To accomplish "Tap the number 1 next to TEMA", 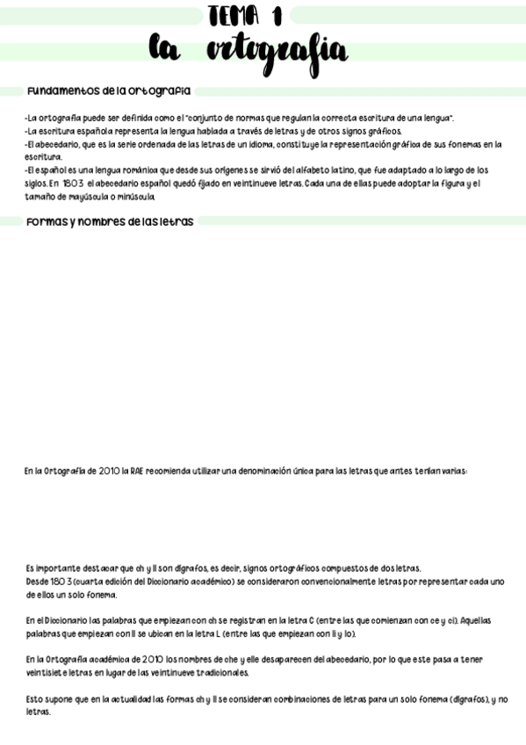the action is point(277,15).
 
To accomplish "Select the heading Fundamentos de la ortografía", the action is point(110,91).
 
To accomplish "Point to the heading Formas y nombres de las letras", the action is point(111,221).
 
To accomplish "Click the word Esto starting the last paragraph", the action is point(35,699).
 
